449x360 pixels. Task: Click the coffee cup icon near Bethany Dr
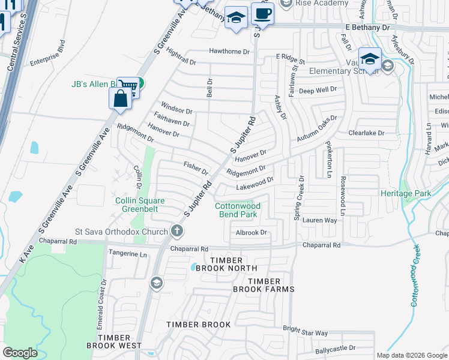coord(262,13)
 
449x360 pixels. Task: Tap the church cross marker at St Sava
coord(176,230)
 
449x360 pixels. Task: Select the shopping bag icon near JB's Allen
coord(121,98)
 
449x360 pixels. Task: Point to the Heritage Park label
coord(406,194)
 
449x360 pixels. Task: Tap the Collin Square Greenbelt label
coord(144,205)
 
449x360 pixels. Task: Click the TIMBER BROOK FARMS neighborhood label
coord(264,285)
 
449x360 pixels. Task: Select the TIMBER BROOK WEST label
coord(114,341)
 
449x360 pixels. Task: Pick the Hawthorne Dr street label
coord(229,52)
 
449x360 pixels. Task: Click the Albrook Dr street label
coord(251,232)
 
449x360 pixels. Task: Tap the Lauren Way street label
coord(320,221)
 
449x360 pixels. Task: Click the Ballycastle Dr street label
coord(334,347)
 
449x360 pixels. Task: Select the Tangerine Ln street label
coord(127,254)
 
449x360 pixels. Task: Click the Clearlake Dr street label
coord(366,133)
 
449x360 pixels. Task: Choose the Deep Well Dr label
coord(318,91)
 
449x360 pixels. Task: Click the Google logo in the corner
coord(20,353)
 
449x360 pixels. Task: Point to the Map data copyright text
coord(411,355)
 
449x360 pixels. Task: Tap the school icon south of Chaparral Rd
coord(157,283)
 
